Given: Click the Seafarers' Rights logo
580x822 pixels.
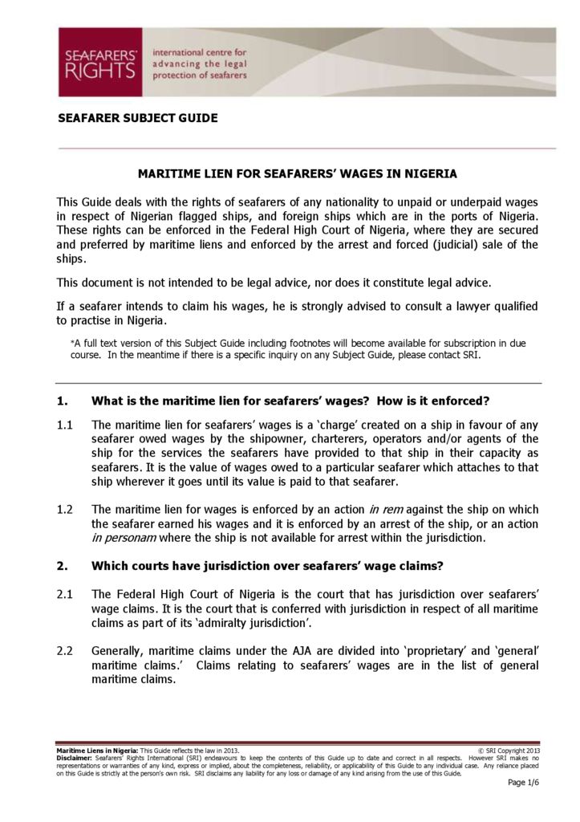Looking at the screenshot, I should point(99,62).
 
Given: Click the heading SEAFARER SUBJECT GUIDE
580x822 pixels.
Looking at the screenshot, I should point(138,118).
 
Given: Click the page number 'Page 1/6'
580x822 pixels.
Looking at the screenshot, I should point(523,783).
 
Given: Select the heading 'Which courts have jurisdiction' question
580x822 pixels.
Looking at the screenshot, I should point(267,566).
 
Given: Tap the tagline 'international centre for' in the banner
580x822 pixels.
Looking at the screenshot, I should point(205,51).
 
